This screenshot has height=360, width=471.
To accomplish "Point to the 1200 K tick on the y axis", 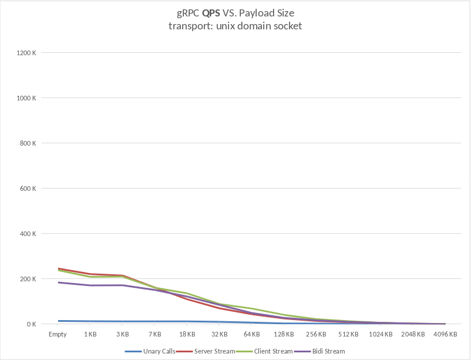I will [27, 53].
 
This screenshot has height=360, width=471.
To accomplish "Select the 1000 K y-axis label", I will [27, 98].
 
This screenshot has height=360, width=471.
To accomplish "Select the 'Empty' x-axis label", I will [58, 334].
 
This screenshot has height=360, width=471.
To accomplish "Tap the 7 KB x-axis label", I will [154, 334].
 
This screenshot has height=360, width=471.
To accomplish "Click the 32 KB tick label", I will [219, 334].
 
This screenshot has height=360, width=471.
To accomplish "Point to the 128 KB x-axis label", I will [284, 334].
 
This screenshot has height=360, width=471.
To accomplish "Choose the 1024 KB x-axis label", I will [381, 334].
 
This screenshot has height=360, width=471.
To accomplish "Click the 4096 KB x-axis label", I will [445, 334].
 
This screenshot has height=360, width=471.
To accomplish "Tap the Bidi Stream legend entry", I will [325, 351].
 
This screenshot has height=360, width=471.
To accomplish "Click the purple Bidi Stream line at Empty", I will [58, 282].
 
